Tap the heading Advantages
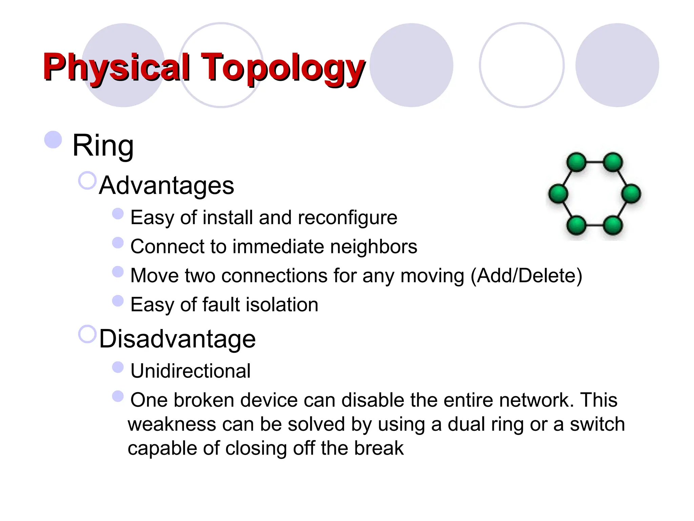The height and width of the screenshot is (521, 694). click(166, 186)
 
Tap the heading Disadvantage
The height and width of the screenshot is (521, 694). click(177, 339)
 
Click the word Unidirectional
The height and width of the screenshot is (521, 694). click(190, 371)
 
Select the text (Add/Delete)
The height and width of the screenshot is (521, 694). click(526, 275)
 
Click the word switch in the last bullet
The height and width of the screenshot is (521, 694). click(597, 424)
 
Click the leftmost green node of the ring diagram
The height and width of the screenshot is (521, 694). click(558, 194)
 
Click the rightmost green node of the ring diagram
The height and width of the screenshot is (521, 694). click(631, 194)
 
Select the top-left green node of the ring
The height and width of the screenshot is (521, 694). click(576, 162)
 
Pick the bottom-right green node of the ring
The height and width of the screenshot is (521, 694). click(613, 225)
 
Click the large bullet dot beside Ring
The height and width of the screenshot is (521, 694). click(53, 139)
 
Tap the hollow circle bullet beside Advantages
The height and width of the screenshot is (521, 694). click(87, 180)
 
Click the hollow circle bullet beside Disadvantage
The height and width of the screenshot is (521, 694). click(87, 334)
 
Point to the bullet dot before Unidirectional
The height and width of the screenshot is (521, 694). click(118, 367)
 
